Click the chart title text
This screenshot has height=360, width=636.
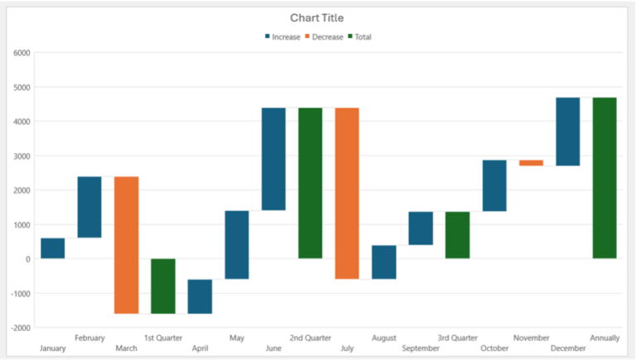(316, 17)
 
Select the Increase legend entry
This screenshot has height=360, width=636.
(282, 37)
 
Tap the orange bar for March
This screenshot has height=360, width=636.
(126, 245)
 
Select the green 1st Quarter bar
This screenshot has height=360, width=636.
(163, 286)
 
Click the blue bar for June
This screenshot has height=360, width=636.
(273, 159)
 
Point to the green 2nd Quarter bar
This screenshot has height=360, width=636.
(311, 183)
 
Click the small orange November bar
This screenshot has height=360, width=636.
(531, 163)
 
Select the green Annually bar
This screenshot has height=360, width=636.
(605, 178)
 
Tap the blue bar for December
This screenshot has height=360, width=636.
(567, 132)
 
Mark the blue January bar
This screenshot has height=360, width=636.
(52, 248)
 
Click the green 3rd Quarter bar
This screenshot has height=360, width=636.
(457, 235)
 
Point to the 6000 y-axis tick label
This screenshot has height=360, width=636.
(22, 53)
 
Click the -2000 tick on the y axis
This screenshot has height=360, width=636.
(20, 328)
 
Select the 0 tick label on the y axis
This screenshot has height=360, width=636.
(27, 259)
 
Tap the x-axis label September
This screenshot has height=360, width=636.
(421, 349)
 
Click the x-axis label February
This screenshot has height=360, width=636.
(89, 338)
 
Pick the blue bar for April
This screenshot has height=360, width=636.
(200, 296)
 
